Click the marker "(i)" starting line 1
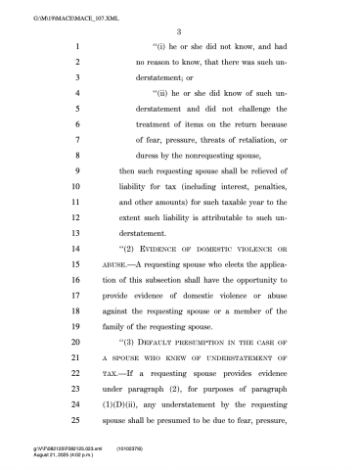coord(161,47)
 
